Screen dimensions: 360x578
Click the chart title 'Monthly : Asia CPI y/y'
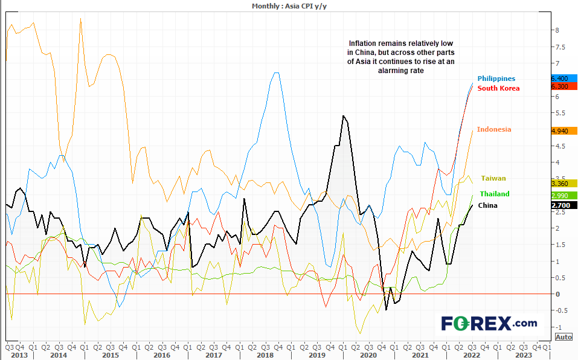pos(289,5)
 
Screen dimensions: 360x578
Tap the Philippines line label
pos(496,79)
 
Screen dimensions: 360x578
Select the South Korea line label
pos(498,88)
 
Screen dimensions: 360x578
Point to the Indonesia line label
pos(493,129)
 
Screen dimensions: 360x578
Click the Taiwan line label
pos(493,178)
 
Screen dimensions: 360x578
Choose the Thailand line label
pos(494,194)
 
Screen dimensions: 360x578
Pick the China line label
pos(487,205)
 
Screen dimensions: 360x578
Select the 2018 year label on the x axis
pos(265,355)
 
